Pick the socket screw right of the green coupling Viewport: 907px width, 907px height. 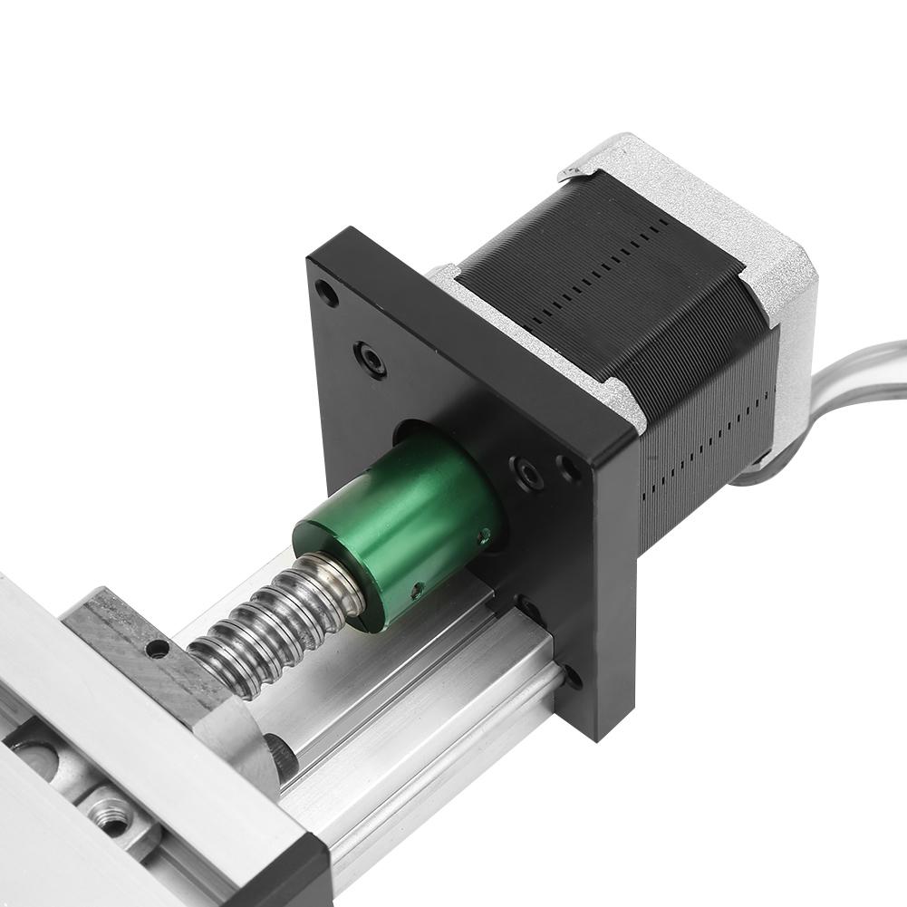[526, 471]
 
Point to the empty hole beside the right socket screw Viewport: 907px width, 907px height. [568, 468]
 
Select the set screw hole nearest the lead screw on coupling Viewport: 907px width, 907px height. [416, 590]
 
